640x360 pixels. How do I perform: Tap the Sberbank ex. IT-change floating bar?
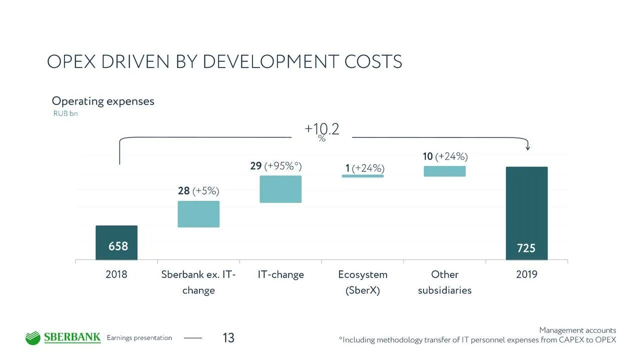click(x=198, y=214)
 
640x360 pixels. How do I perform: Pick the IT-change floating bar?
click(x=280, y=189)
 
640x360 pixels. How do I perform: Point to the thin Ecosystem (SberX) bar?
click(x=362, y=176)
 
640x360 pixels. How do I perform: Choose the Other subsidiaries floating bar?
click(x=444, y=171)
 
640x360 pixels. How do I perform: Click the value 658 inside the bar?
click(x=118, y=246)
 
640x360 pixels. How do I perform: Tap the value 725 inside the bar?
click(x=526, y=248)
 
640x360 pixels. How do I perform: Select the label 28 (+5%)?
click(x=198, y=191)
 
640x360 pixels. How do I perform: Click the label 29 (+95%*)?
click(x=276, y=166)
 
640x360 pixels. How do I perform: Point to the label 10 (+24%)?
click(x=445, y=156)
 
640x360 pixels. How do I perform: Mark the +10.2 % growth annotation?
click(x=322, y=131)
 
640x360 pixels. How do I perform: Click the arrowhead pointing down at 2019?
click(x=527, y=147)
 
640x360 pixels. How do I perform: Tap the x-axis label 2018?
click(x=116, y=274)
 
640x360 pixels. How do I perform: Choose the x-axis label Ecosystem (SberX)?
click(x=362, y=282)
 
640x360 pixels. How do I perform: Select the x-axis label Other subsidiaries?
click(x=444, y=282)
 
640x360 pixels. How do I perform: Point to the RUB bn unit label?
click(x=65, y=113)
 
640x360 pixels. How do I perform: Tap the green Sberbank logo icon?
click(x=32, y=338)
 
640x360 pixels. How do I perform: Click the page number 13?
click(x=228, y=338)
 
